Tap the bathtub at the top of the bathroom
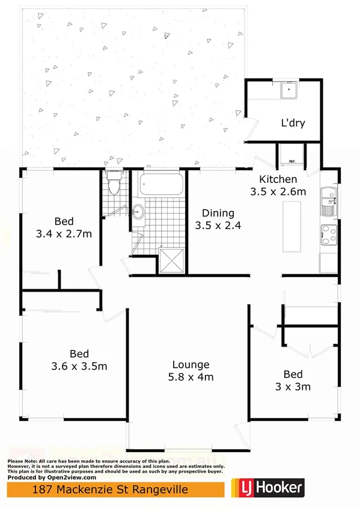pos(160,184)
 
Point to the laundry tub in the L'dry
pos(290,91)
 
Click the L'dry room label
pos(293,123)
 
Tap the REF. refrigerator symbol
pos(292,158)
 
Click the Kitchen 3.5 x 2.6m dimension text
pos(278,192)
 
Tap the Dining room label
pos(218,213)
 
